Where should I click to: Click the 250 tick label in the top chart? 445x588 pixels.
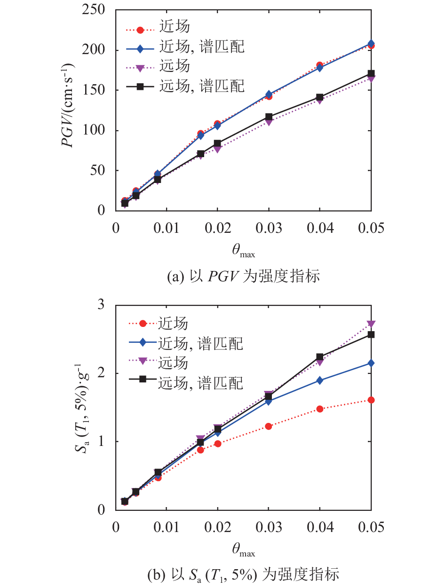click(93, 10)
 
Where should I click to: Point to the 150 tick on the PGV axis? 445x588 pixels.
click(93, 90)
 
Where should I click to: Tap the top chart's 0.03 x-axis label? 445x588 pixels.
click(269, 228)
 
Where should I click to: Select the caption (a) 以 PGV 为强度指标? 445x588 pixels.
click(243, 276)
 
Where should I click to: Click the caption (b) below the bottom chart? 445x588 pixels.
click(243, 574)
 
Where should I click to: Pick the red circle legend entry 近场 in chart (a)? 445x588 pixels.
click(158, 27)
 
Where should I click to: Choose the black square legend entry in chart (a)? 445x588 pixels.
click(185, 86)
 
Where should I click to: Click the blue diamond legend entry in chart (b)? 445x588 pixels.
click(186, 343)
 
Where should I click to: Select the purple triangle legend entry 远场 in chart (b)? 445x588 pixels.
click(159, 363)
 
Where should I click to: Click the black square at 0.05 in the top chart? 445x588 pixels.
click(371, 73)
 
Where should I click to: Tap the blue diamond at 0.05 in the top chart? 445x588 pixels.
click(371, 43)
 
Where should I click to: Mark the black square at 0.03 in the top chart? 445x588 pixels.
click(269, 117)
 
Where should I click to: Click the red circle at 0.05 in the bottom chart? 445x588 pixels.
click(371, 400)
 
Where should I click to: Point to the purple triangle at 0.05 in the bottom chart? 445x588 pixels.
click(371, 324)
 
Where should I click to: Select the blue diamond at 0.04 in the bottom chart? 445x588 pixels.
click(319, 381)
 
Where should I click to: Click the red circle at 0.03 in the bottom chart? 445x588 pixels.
click(269, 426)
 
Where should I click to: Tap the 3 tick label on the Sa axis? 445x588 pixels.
click(101, 304)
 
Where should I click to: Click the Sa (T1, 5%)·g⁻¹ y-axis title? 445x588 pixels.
click(82, 408)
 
